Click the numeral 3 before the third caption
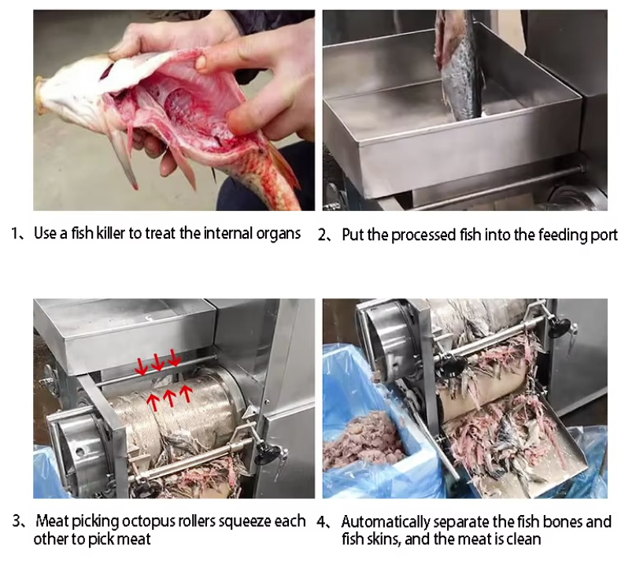[17, 521]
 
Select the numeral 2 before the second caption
[322, 235]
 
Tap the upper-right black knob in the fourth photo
[560, 327]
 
